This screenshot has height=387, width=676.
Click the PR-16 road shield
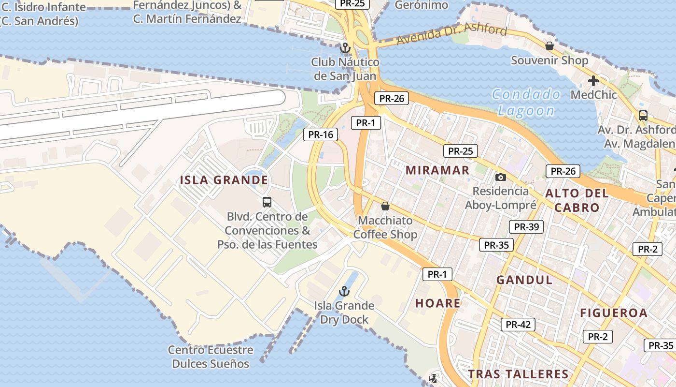tap(321, 134)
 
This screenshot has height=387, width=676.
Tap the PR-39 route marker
tap(526, 227)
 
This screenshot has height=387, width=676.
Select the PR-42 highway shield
tap(518, 325)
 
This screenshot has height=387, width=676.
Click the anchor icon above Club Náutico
tap(345, 47)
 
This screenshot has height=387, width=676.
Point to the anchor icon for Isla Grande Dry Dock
tap(344, 291)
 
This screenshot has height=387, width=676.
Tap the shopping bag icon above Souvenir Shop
tap(549, 46)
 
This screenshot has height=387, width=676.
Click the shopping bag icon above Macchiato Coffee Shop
tap(385, 206)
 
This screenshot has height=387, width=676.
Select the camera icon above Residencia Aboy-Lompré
tap(501, 177)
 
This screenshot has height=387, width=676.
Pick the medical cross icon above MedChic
tap(593, 80)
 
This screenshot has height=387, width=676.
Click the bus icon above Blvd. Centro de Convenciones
tap(267, 202)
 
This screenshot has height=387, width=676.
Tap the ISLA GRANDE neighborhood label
tap(224, 180)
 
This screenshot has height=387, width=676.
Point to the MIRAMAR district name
tap(437, 170)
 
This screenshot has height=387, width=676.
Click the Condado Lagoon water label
tap(526, 103)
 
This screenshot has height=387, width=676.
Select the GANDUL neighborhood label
tap(524, 280)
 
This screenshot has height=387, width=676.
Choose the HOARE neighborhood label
tap(438, 303)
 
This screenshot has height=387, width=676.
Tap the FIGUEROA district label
tap(614, 313)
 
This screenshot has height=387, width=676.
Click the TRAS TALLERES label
tap(518, 374)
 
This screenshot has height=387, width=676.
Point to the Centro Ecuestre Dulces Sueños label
tap(211, 357)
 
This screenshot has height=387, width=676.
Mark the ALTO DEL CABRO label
tap(577, 200)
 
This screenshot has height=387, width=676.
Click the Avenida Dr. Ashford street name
tap(452, 35)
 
